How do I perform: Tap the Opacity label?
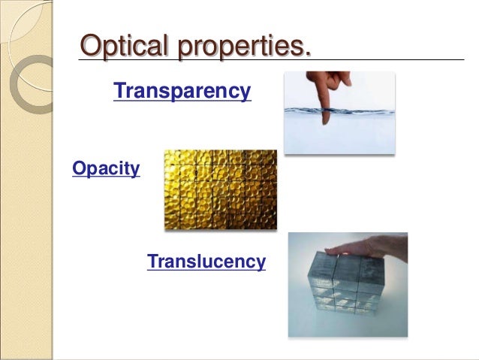106,168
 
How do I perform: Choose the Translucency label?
206,262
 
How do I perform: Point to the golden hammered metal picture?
220,189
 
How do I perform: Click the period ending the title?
306,53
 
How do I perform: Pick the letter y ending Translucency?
261,264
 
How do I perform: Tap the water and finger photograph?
339,113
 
